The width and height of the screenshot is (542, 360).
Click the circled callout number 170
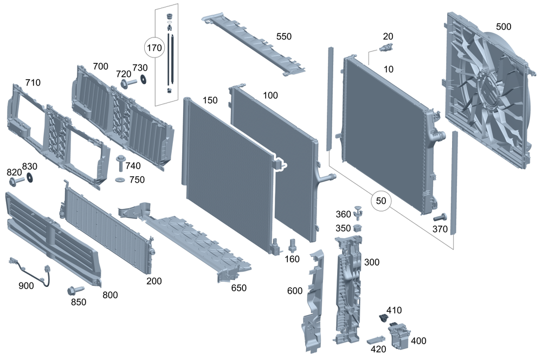[x=154, y=48]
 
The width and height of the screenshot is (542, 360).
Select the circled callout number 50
[x=381, y=201]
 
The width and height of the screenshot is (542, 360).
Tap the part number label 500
[x=503, y=27]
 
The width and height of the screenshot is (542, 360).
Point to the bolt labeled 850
[x=74, y=291]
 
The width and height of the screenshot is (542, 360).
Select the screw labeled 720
[x=128, y=83]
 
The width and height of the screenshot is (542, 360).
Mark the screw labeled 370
[x=439, y=218]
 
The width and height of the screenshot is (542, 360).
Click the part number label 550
[x=283, y=36]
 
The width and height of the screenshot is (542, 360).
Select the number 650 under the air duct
[x=239, y=288]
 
